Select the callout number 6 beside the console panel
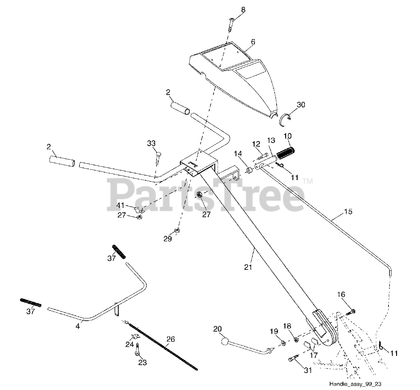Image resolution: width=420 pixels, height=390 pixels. coord(253,42)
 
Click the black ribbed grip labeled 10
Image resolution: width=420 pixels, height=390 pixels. coord(286,152)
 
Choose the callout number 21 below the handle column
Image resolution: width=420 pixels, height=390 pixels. coord(248,267)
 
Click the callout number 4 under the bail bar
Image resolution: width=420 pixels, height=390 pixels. coord(78,327)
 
